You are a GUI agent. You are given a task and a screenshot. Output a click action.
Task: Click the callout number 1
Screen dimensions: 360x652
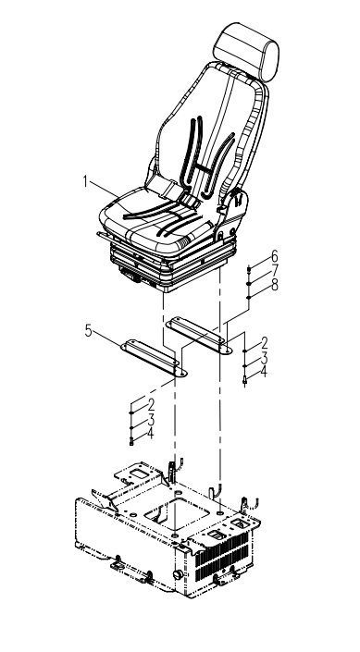point(85,182)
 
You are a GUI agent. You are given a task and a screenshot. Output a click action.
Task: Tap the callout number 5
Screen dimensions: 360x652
point(88,331)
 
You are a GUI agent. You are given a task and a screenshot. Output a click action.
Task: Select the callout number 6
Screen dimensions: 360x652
point(274,257)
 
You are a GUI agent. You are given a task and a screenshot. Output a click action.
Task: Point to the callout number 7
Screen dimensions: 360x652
point(274,271)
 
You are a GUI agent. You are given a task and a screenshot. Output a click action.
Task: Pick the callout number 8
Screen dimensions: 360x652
point(274,285)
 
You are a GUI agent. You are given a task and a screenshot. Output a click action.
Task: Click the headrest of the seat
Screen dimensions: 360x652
point(246,52)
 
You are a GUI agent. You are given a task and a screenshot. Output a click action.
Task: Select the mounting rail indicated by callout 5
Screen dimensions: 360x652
point(154,358)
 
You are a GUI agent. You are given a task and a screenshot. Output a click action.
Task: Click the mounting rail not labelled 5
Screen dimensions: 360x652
point(199,335)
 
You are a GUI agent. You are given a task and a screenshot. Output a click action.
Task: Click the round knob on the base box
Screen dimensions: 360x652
point(178,575)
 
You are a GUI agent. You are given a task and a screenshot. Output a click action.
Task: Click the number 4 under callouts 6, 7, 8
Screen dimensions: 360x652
point(263,372)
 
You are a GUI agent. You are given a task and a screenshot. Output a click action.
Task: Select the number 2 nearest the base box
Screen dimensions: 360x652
point(151,405)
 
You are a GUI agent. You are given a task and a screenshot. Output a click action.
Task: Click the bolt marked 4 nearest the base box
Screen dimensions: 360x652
point(131,441)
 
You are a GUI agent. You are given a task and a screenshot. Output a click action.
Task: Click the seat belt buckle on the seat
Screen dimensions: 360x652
point(192,203)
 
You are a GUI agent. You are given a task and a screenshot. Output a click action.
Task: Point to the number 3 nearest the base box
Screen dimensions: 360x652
point(151,419)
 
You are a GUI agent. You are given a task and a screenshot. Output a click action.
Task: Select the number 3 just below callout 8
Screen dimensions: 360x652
point(263,358)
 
